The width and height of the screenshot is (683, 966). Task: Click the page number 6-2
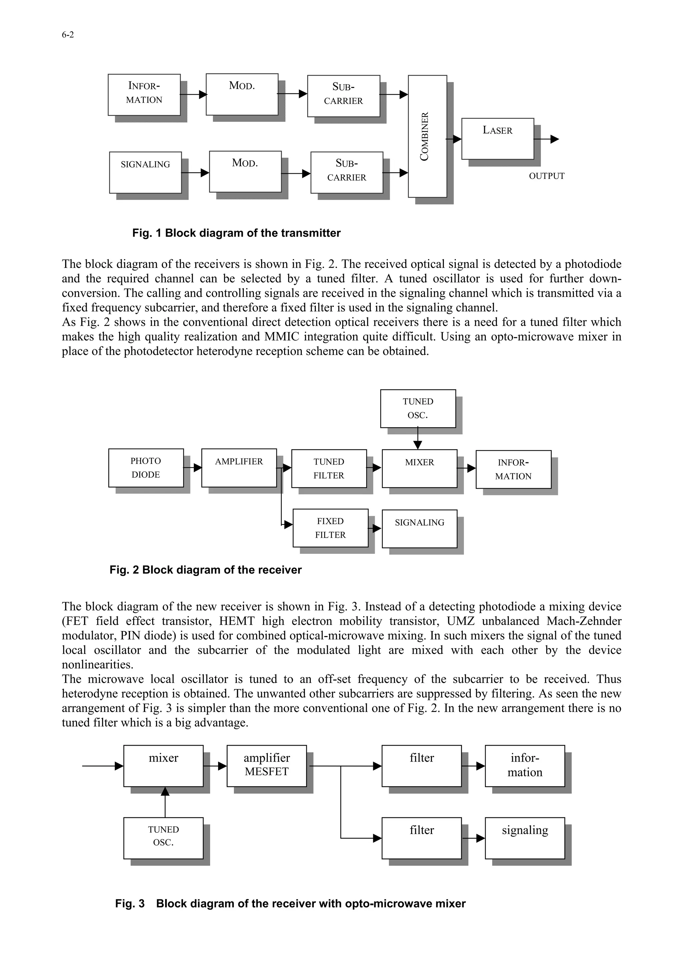pyautogui.click(x=68, y=35)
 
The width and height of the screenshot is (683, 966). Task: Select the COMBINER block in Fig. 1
pyautogui.click(x=427, y=136)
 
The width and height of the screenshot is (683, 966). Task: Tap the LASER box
pyautogui.click(x=498, y=138)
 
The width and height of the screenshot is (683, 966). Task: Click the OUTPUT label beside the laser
pyautogui.click(x=546, y=176)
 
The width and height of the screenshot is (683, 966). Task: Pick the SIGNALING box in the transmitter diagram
pyautogui.click(x=145, y=173)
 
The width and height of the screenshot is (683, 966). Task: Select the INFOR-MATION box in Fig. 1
pyautogui.click(x=144, y=95)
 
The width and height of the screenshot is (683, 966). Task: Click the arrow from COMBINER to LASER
pyautogui.click(x=455, y=139)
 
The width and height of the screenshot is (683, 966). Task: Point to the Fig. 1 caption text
pyautogui.click(x=236, y=233)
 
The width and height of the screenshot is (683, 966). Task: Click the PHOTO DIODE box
pyautogui.click(x=146, y=467)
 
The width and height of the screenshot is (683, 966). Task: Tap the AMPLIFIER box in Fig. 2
pyautogui.click(x=238, y=467)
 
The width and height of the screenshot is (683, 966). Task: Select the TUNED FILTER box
pyautogui.click(x=329, y=468)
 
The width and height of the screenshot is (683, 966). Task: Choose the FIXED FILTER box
pyautogui.click(x=330, y=528)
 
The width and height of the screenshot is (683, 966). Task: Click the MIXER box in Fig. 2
pyautogui.click(x=419, y=468)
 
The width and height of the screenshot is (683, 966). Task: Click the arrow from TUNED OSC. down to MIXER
pyautogui.click(x=418, y=439)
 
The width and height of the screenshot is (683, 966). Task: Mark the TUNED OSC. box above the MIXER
pyautogui.click(x=418, y=408)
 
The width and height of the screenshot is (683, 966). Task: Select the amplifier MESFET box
pyautogui.click(x=266, y=766)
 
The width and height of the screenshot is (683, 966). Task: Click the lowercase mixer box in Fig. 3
pyautogui.click(x=163, y=766)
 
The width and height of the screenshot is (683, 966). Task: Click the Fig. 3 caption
pyautogui.click(x=290, y=903)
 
